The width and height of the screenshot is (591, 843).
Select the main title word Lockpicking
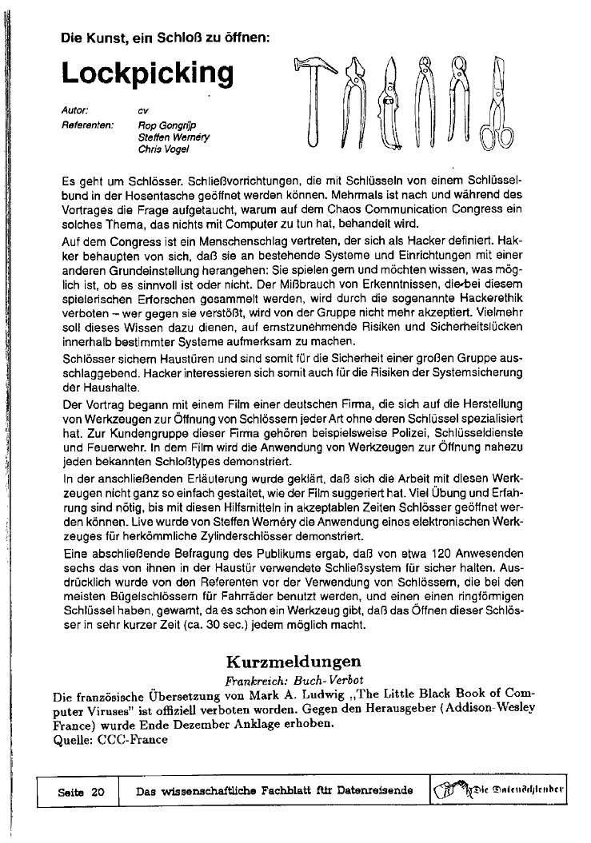(x=148, y=73)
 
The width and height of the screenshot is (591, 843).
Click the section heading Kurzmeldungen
(x=294, y=661)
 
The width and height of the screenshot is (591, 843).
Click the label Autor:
(x=75, y=109)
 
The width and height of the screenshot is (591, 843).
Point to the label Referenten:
(x=87, y=125)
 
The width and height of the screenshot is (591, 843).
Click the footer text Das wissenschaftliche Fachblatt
(x=274, y=791)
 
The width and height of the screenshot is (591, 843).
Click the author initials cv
(x=143, y=109)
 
